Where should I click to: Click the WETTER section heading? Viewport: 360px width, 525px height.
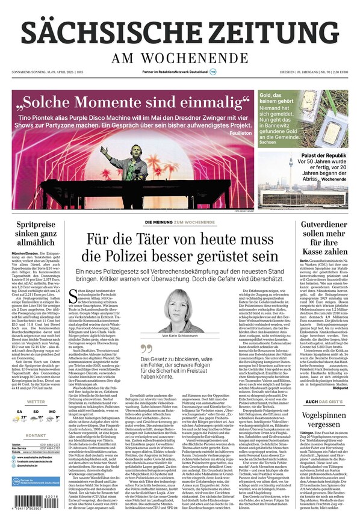pos(36,402)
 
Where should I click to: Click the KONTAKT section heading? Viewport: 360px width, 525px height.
pos(36,435)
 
